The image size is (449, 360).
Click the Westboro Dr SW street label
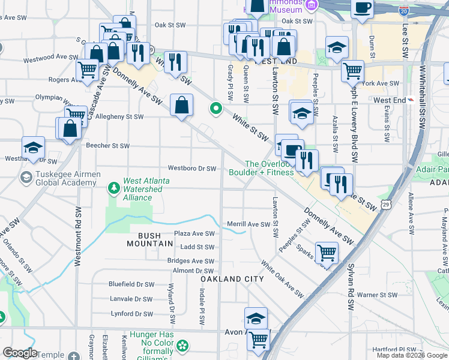[x=191, y=169]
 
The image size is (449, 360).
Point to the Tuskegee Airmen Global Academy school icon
[x=26, y=177]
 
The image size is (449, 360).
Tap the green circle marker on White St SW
[x=215, y=109]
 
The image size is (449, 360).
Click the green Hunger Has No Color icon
[x=182, y=346]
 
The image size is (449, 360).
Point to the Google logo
[x=20, y=353]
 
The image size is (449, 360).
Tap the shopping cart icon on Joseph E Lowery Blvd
[x=352, y=70]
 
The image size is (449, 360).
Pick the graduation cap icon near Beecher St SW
[x=33, y=147]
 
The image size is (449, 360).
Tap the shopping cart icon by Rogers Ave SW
[x=88, y=70]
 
